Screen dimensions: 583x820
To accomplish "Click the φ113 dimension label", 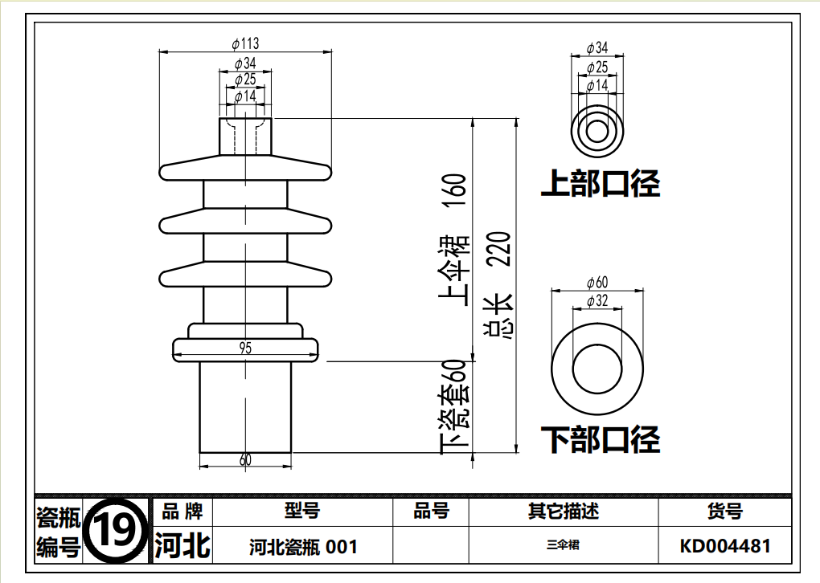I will [244, 43].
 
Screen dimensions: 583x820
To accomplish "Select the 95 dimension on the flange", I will [244, 348].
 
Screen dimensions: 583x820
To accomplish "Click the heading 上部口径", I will [601, 184].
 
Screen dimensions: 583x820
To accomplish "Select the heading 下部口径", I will [601, 439].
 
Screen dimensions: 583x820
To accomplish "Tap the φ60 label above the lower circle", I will [597, 282].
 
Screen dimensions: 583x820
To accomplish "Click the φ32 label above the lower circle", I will [597, 301].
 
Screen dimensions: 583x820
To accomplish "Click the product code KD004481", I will [724, 547].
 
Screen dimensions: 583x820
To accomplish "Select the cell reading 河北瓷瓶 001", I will [303, 548].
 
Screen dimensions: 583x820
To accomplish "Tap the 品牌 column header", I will [182, 512].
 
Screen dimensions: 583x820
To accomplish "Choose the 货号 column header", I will [724, 512].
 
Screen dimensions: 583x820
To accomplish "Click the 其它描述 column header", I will [564, 512].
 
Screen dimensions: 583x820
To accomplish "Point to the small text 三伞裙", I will [563, 545].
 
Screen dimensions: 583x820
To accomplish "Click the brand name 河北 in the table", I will [182, 546].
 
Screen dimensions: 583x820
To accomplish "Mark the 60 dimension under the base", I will [245, 460].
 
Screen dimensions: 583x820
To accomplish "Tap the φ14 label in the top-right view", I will [597, 85].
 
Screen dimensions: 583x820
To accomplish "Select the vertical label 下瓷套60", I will [454, 406].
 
